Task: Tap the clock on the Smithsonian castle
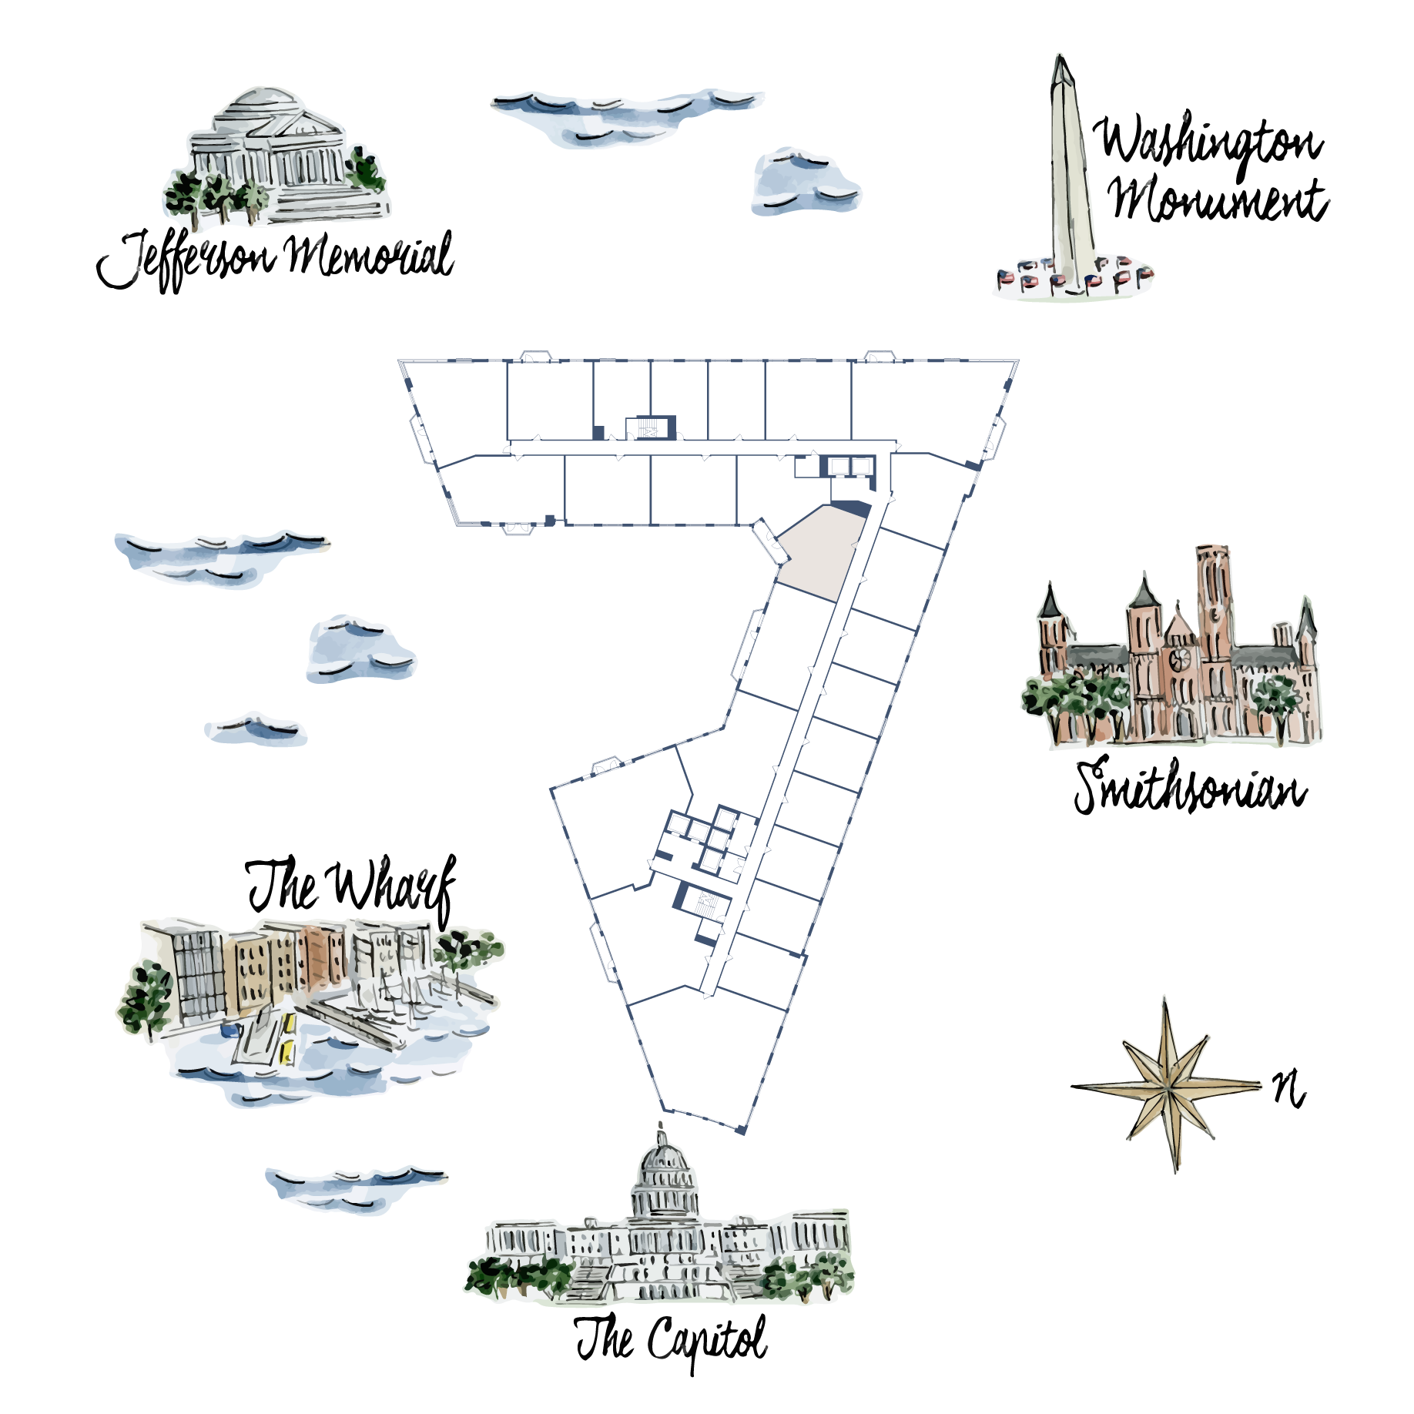click(1178, 658)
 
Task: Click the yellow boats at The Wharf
click(288, 1036)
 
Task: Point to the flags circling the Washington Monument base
click(1074, 277)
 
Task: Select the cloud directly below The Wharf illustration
click(354, 1187)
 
